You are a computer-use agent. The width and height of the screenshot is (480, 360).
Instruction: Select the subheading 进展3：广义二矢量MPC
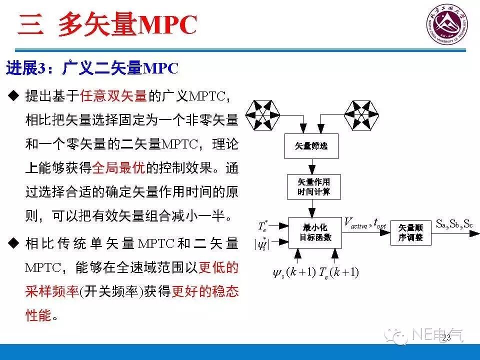tap(92, 68)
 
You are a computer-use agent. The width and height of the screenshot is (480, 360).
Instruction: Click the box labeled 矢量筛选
tap(311, 146)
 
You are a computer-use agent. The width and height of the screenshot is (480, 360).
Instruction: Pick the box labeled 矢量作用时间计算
tap(313, 186)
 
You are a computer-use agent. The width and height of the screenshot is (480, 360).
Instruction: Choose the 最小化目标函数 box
tap(315, 233)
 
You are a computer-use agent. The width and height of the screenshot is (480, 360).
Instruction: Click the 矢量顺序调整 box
tap(410, 232)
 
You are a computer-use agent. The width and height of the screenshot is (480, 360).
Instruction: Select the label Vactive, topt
tap(365, 223)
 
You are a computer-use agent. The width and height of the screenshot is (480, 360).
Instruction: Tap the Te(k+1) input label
tap(340, 272)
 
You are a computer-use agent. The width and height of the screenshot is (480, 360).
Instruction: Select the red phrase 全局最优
tap(118, 168)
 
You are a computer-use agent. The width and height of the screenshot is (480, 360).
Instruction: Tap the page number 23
tap(446, 338)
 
